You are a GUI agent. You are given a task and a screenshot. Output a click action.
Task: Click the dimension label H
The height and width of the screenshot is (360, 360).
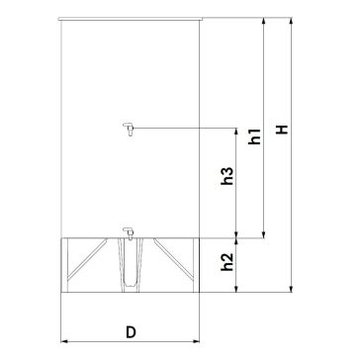coord(282,130)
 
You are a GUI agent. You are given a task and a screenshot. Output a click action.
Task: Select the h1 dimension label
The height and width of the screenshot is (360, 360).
coord(255,136)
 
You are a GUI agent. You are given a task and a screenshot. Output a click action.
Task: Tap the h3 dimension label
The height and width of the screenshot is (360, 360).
coord(227,176)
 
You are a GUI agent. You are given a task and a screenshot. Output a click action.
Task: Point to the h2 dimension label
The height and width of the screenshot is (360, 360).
coord(227,262)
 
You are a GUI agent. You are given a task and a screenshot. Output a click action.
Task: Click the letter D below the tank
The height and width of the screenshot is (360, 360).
coord(131,332)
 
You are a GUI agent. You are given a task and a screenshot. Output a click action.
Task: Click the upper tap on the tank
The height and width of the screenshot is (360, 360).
coord(129,129)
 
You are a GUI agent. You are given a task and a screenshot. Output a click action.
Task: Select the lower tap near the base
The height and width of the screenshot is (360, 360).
coord(129,233)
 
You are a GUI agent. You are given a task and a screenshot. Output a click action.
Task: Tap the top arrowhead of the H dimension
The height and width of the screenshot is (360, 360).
coord(291,21)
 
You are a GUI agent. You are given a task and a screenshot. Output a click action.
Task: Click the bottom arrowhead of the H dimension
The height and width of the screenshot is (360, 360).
coord(291,289)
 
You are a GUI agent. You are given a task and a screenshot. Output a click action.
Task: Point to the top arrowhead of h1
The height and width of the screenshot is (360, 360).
coord(263,21)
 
